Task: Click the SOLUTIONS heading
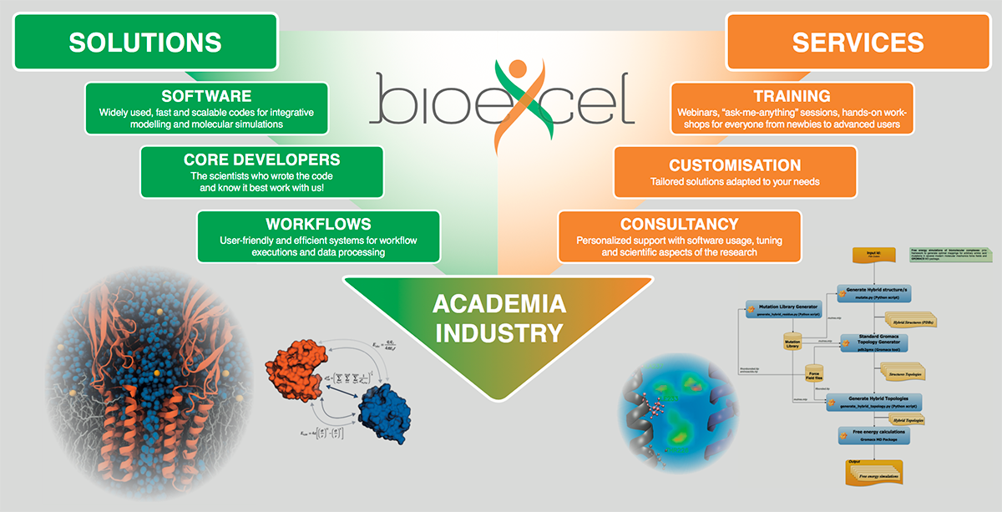[145, 42]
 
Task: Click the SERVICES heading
[858, 43]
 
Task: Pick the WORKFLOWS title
[318, 224]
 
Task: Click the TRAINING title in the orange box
[791, 96]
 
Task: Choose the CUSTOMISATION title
[735, 165]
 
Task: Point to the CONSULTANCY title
[679, 224]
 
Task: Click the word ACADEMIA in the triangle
[499, 303]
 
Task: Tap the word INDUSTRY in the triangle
[499, 333]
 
